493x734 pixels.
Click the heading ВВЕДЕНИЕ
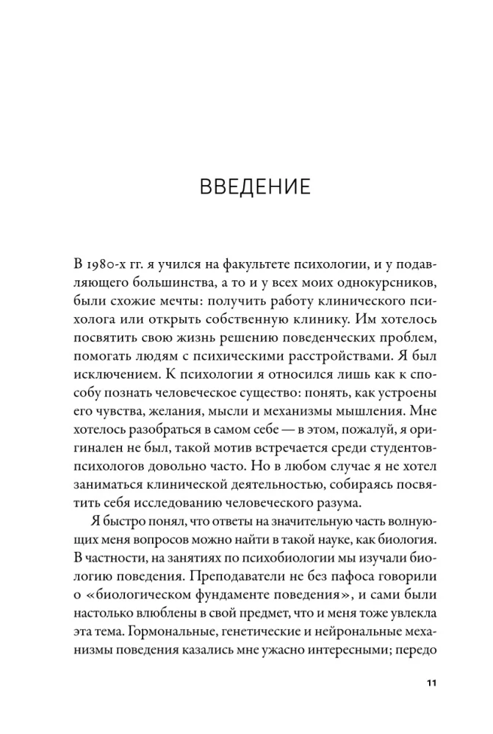(x=255, y=185)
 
